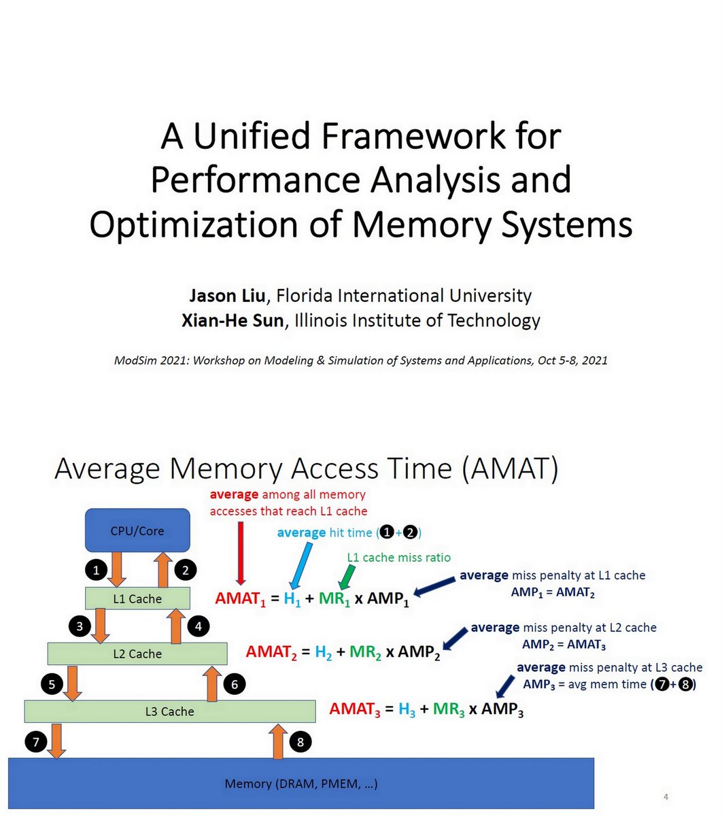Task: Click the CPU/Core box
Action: coord(137,530)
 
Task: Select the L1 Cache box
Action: coord(137,598)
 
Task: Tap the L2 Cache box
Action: coord(137,653)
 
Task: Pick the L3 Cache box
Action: coord(170,711)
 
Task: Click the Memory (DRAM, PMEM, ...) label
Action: coord(301,783)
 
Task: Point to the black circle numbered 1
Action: coord(97,570)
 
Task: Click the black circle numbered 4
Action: coord(198,626)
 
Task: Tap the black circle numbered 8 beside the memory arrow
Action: coord(300,741)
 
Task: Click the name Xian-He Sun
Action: coord(232,320)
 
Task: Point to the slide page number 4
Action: coord(667,796)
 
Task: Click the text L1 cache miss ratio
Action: coord(398,558)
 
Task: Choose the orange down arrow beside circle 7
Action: coord(56,741)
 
